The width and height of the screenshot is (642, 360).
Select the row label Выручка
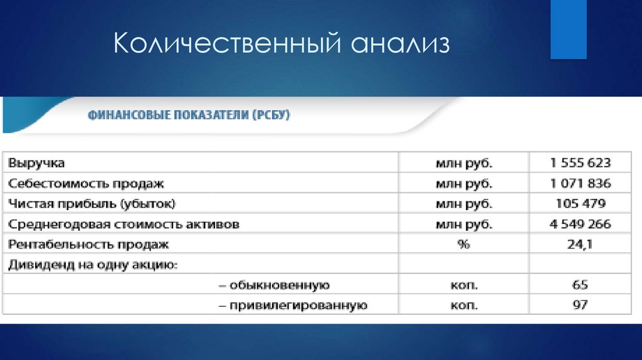[x=36, y=163]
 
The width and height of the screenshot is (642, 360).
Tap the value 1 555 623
[x=580, y=163]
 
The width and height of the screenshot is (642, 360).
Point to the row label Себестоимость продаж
[x=86, y=184]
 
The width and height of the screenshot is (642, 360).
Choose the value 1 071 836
[x=580, y=184]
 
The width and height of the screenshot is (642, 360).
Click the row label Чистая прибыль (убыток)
[x=92, y=204]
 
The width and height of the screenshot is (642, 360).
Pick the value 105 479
[x=580, y=204]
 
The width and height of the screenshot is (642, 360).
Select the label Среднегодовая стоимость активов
[x=124, y=224]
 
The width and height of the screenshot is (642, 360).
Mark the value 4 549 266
[x=580, y=224]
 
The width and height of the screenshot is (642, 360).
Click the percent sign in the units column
[x=464, y=245]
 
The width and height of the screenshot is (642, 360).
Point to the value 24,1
[x=580, y=245]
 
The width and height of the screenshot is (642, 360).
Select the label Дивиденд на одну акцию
[x=93, y=265]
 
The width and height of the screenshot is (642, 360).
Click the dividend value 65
[x=580, y=285]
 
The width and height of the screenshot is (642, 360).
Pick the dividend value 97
[x=580, y=305]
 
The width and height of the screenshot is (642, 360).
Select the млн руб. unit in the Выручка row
[x=464, y=163]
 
